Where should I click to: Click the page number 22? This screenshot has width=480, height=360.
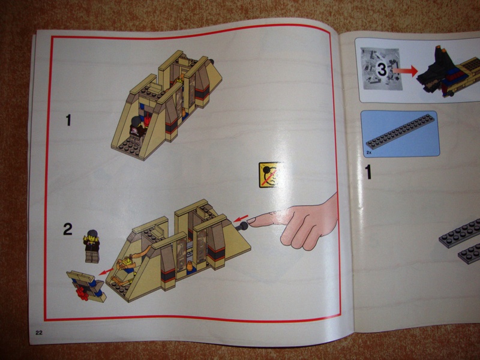39,333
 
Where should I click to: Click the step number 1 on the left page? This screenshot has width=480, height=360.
68,120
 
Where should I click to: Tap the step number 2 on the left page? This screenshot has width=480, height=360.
68,229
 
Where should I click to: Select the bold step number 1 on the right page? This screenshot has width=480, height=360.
368,172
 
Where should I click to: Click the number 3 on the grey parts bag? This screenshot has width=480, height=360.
382,70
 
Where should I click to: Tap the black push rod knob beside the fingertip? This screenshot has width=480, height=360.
244,227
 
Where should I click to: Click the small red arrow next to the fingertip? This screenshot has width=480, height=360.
241,218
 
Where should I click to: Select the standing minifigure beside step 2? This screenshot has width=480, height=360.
92,247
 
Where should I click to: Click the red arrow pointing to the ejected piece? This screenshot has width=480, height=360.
106,271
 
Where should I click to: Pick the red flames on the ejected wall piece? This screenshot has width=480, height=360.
83,293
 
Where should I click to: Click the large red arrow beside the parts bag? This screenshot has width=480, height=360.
405,71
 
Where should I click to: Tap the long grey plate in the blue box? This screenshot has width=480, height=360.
400,131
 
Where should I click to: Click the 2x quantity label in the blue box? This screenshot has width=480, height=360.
368,152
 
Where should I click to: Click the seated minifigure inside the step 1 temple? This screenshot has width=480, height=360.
138,126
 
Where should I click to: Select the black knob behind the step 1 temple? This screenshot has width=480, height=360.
212,62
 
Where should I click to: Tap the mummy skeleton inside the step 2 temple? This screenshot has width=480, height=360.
128,266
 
